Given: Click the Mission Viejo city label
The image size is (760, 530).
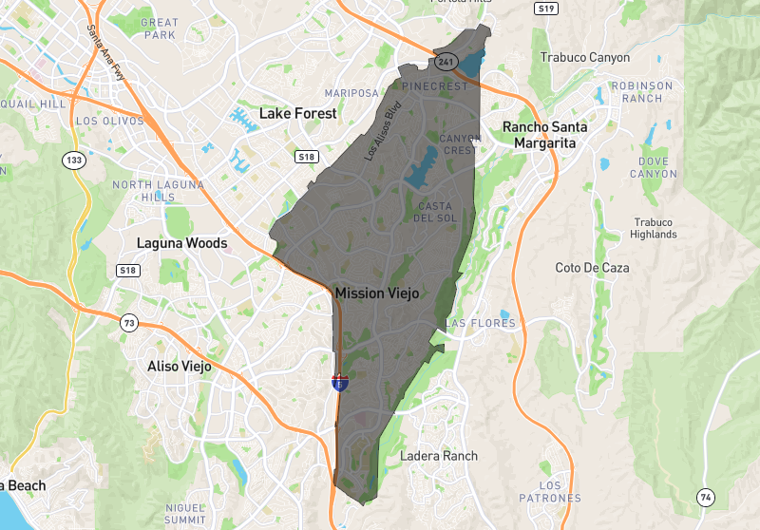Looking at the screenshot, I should pyautogui.click(x=376, y=293).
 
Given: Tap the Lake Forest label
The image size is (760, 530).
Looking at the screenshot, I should pyautogui.click(x=297, y=113).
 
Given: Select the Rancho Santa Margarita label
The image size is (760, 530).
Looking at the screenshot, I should pyautogui.click(x=544, y=135).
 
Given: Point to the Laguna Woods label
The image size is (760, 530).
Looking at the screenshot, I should pyautogui.click(x=181, y=243).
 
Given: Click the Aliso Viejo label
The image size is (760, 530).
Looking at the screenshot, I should pyautogui.click(x=180, y=366).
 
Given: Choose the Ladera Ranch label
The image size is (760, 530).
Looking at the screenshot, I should pyautogui.click(x=439, y=456).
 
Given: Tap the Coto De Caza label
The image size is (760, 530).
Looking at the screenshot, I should pyautogui.click(x=592, y=268).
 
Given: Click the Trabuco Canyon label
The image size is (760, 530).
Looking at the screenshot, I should pyautogui.click(x=584, y=58).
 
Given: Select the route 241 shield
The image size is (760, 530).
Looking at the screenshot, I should pyautogui.click(x=446, y=62).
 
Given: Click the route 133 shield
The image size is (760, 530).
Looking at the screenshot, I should pyautogui.click(x=74, y=160).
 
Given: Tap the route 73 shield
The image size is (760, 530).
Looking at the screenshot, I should pyautogui.click(x=129, y=324).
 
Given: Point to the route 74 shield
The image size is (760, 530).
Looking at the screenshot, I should pyautogui.click(x=705, y=497).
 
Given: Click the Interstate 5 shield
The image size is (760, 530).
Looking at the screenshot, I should pyautogui.click(x=339, y=382).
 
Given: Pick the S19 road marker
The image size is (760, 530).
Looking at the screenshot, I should pyautogui.click(x=544, y=9).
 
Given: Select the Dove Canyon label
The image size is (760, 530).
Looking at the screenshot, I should pyautogui.click(x=654, y=167).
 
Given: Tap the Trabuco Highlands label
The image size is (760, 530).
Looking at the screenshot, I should pyautogui.click(x=654, y=228).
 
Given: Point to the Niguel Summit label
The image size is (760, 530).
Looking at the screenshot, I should pyautogui.click(x=185, y=514).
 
